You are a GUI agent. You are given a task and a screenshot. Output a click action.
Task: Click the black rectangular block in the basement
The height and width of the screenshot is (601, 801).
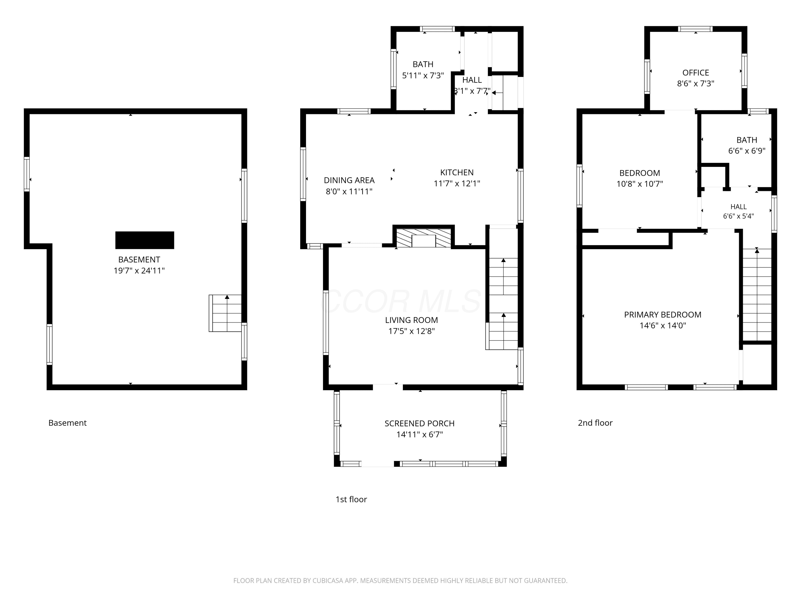click(x=144, y=240)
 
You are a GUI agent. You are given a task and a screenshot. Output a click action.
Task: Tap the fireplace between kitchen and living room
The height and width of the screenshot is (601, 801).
click(x=424, y=238)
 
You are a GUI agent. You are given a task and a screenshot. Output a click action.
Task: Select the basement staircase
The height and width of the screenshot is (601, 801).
click(x=225, y=313)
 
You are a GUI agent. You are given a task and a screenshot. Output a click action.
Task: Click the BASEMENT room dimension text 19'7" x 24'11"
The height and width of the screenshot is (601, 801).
click(x=139, y=271)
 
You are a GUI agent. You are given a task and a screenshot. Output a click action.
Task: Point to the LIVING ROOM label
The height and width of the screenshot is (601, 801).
click(x=411, y=320)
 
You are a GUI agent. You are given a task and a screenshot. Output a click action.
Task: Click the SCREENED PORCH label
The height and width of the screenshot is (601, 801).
click(x=419, y=423)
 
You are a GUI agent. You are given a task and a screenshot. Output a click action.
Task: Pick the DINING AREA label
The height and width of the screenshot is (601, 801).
click(x=349, y=180)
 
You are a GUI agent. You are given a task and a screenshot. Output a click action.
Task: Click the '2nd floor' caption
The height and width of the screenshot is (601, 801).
click(x=595, y=423)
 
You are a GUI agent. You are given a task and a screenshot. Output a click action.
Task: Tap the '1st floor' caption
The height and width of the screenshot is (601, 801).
click(x=351, y=499)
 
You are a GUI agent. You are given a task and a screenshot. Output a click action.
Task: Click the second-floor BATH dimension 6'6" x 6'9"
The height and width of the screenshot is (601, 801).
click(x=747, y=151)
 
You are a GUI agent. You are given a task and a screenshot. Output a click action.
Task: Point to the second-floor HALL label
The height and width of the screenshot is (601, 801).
click(x=738, y=207)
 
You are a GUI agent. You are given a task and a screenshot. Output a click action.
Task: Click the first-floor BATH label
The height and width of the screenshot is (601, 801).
click(x=423, y=64)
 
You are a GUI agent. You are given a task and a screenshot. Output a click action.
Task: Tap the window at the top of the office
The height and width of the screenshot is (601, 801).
click(x=695, y=29)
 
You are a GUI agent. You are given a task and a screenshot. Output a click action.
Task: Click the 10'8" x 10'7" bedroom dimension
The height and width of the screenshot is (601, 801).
click(x=639, y=184)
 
